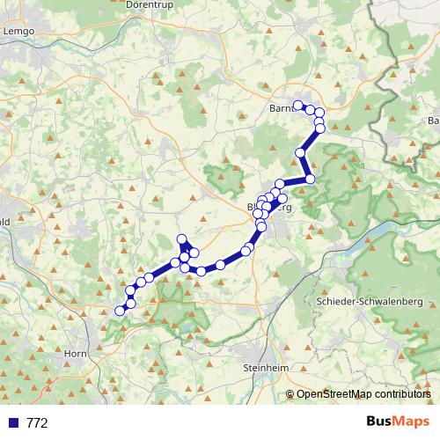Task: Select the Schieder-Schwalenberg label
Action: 369,301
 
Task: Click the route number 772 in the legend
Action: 37,422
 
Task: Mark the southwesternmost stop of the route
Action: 121,311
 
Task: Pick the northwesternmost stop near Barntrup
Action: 297,106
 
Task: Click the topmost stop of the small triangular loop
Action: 182,239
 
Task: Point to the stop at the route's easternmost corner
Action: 310,180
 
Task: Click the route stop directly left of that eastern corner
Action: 280,184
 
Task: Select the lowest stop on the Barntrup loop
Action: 319,128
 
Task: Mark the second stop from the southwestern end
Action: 130,303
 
